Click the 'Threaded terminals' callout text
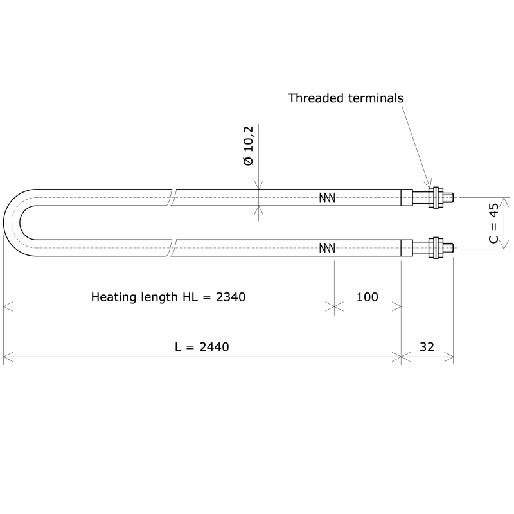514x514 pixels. (345, 98)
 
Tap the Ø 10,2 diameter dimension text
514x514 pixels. (249, 146)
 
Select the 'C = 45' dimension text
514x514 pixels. (493, 223)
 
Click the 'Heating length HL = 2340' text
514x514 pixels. (168, 297)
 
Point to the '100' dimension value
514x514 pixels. (367, 297)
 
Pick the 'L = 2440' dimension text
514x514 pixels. (202, 347)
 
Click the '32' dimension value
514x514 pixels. (427, 347)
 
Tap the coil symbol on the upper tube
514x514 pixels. (327, 198)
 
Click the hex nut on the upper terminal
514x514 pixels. (436, 198)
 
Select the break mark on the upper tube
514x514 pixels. (172, 198)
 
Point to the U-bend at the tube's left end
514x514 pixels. (13, 223)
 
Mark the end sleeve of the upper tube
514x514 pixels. (407, 198)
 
